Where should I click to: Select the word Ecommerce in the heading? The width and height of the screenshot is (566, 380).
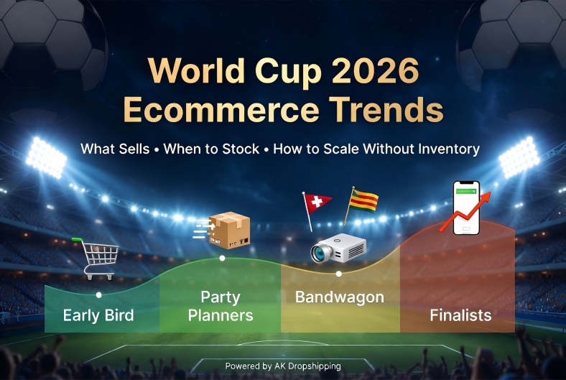pyautogui.click(x=211, y=111)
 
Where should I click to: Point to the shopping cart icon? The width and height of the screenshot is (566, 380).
pyautogui.click(x=97, y=257)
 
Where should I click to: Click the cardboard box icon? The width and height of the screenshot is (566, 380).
pyautogui.click(x=228, y=230)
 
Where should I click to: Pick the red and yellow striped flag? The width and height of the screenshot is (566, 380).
pyautogui.click(x=363, y=199)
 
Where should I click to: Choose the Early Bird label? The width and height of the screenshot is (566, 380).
pyautogui.click(x=98, y=315)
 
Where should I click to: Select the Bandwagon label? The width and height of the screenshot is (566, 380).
pyautogui.click(x=340, y=297)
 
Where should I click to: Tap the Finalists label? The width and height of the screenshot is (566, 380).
pyautogui.click(x=460, y=315)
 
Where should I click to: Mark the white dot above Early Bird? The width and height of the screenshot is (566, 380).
pyautogui.click(x=98, y=295)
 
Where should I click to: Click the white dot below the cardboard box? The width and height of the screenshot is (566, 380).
pyautogui.click(x=222, y=258)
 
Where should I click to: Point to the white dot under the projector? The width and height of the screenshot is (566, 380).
pyautogui.click(x=339, y=274)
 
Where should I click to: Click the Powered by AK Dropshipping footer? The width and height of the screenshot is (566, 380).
pyautogui.click(x=283, y=366)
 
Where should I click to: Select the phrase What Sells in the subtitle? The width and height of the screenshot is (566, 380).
pyautogui.click(x=116, y=149)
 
